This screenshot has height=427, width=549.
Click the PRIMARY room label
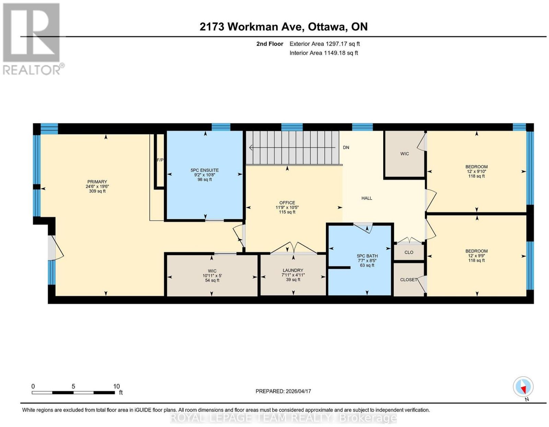click(x=97, y=181)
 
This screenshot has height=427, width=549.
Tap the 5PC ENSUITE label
click(x=205, y=170)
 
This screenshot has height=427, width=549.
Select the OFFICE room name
click(x=287, y=202)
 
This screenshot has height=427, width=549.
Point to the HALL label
click(x=366, y=198)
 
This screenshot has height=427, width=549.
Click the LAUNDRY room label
click(x=293, y=270)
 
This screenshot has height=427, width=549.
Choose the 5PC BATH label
click(x=367, y=256)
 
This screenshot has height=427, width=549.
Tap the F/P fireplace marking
click(x=160, y=160)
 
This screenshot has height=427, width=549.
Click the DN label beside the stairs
click(x=346, y=147)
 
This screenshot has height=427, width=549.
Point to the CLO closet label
click(x=409, y=252)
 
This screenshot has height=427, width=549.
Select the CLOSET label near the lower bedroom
click(x=409, y=280)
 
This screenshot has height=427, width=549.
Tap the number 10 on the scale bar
click(x=116, y=386)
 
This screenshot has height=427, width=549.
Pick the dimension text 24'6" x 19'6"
click(x=97, y=186)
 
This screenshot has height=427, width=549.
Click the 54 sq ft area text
click(x=212, y=280)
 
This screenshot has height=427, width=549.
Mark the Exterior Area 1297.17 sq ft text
click(x=325, y=44)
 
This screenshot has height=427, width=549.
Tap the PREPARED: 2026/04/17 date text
click(x=283, y=391)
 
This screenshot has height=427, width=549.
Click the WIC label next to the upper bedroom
click(x=405, y=154)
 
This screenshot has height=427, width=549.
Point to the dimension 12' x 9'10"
click(x=477, y=171)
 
